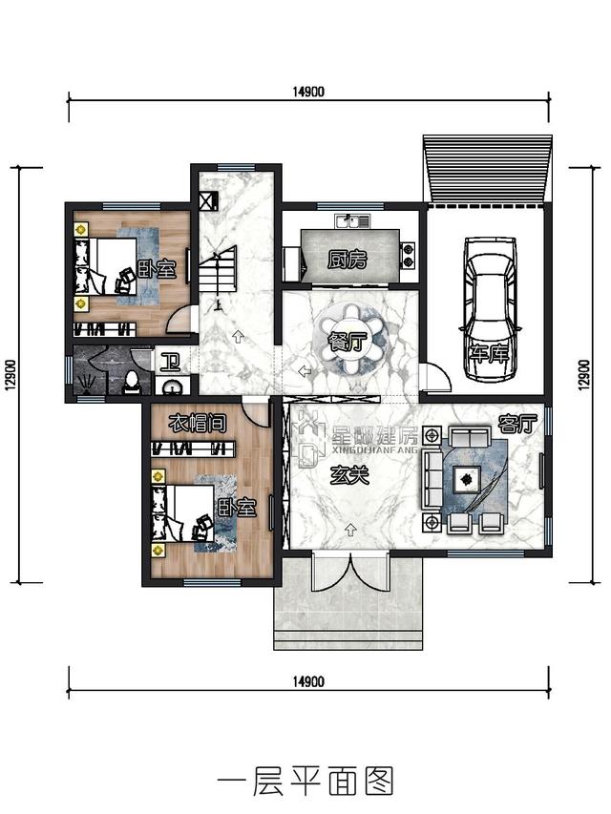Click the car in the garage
(490, 309)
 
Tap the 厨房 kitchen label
(348, 259)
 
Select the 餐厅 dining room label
(348, 342)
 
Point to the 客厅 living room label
(516, 425)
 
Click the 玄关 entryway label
(349, 475)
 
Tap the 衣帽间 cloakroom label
(198, 424)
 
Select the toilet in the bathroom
(132, 382)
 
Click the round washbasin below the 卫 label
(172, 386)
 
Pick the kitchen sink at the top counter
(351, 221)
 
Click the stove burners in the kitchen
(409, 257)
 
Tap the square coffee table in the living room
(466, 480)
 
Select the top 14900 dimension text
(308, 92)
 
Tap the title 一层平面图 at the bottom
(305, 782)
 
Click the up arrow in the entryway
(350, 530)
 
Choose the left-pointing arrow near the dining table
(305, 371)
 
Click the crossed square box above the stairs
(208, 201)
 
